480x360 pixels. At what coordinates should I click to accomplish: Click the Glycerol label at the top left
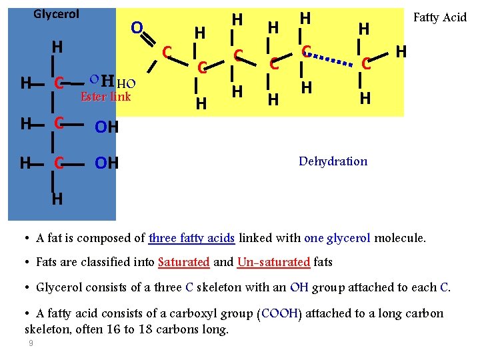pos(56,14)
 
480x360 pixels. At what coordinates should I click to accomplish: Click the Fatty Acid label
pos(440,17)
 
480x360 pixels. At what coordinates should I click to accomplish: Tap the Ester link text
pos(105,97)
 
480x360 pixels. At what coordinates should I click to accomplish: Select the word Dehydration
pos(333,161)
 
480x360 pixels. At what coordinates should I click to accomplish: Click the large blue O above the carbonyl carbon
pos(137,28)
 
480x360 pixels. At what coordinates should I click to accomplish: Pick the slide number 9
pos(31,343)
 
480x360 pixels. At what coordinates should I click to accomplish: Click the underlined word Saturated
pos(183,263)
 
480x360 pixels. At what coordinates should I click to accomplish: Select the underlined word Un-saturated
pos(273,263)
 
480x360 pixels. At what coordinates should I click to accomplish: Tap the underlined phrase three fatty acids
pos(192,239)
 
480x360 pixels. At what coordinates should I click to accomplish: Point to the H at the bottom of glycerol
pos(58,198)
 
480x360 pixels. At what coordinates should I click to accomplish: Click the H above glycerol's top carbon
pos(58,47)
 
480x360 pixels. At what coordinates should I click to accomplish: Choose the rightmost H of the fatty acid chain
pos(401,51)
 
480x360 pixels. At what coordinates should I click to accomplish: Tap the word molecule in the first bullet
pos(400,239)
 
